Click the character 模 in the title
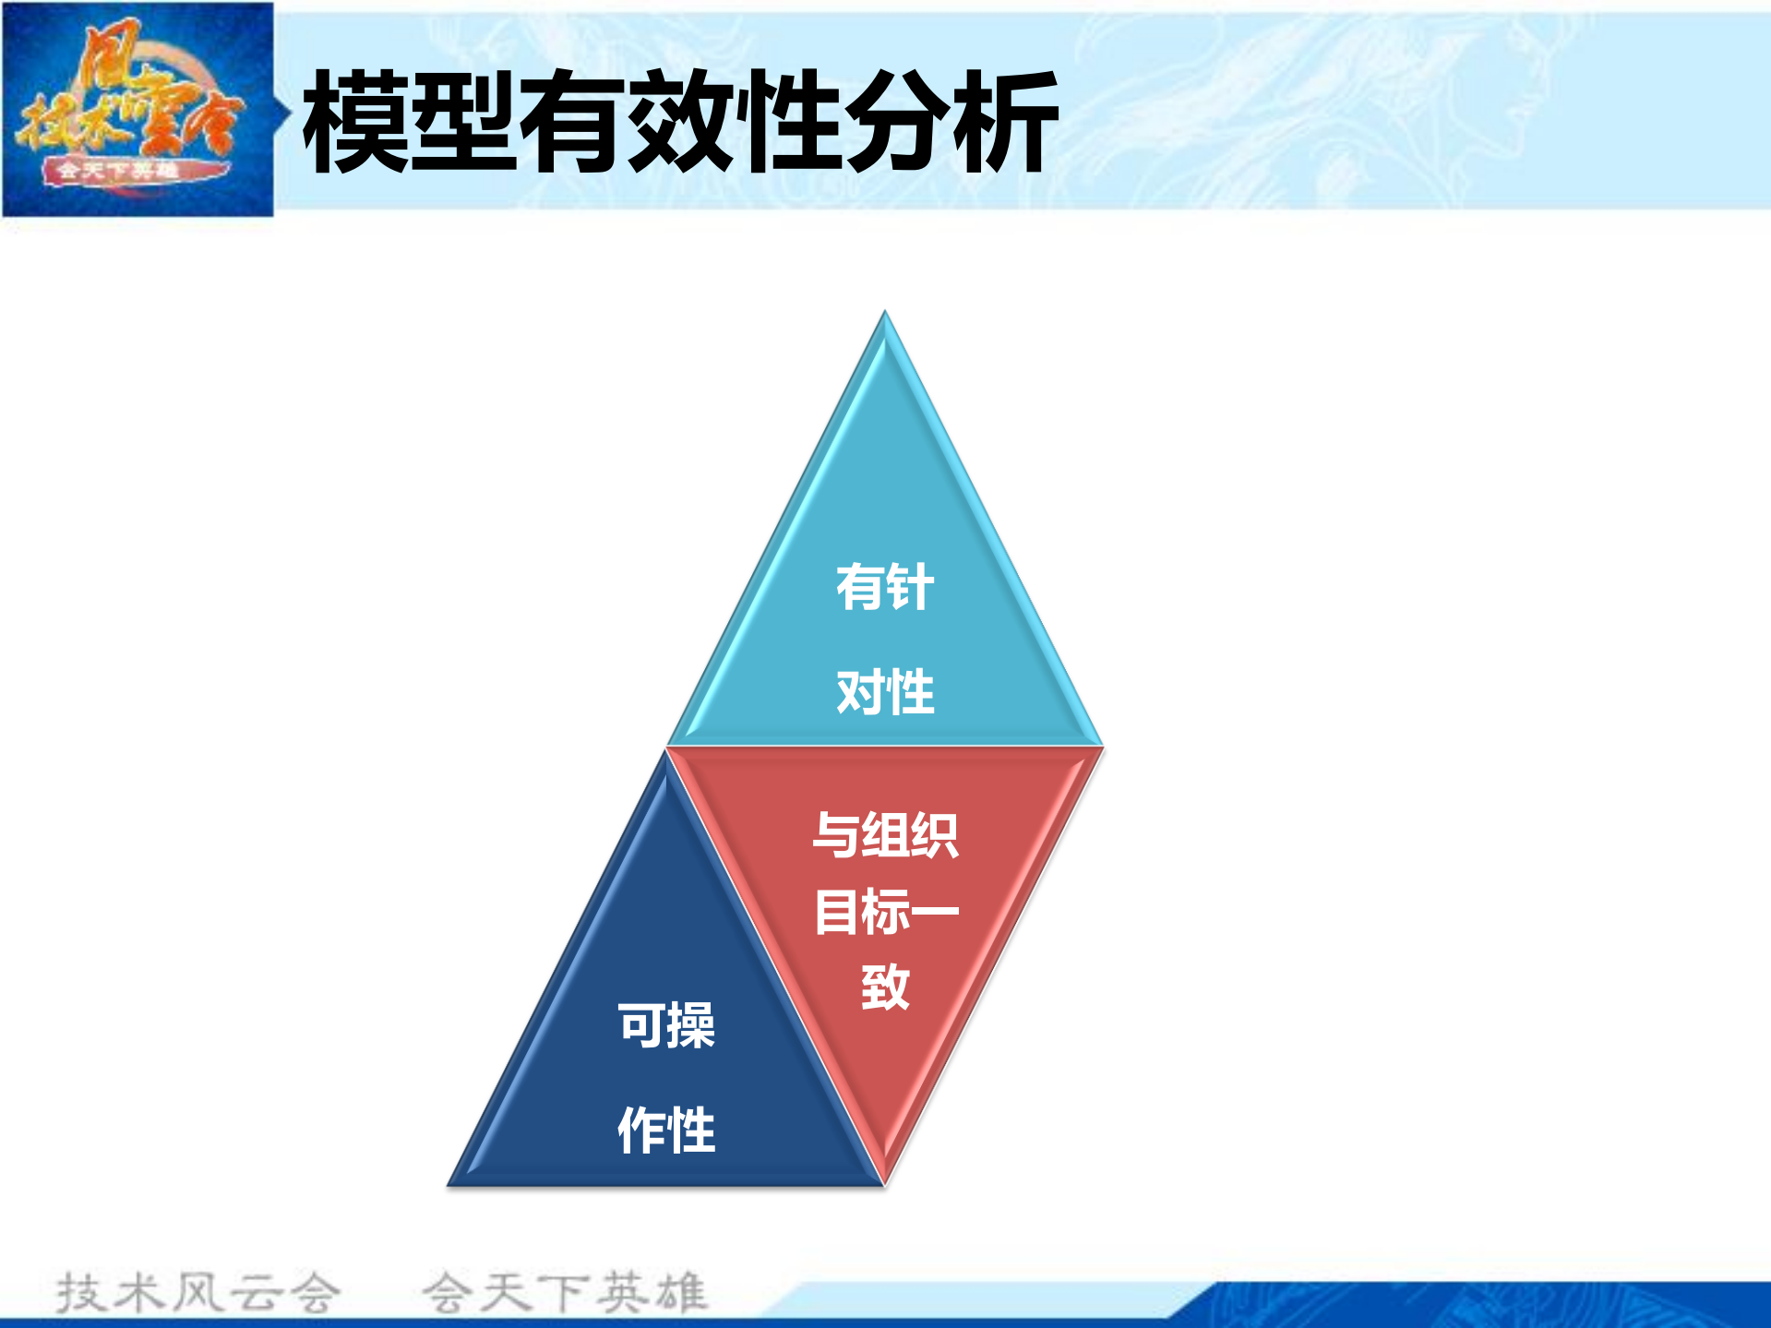(355, 122)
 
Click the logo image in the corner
(138, 109)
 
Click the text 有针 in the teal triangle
(884, 587)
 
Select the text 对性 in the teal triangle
(884, 692)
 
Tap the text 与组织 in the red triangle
(884, 835)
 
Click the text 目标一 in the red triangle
(884, 912)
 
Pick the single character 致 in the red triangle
(884, 987)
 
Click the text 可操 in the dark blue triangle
(665, 1025)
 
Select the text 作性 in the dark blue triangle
(665, 1130)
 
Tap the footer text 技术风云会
(197, 1292)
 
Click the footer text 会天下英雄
(565, 1292)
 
